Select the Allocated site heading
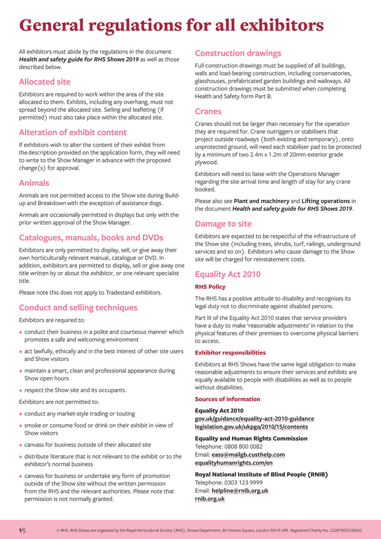point(44,82)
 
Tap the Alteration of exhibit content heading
point(72,132)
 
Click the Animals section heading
point(34,183)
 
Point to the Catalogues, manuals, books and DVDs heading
point(91,238)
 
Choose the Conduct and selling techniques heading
point(78,308)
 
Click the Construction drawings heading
point(238,53)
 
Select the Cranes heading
point(208,112)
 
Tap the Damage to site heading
point(223,224)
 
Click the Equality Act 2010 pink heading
point(227,274)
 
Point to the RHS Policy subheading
point(210,287)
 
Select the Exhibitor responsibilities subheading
point(230,353)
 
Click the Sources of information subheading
point(227,399)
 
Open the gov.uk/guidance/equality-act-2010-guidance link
point(254,419)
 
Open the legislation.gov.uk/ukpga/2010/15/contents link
point(251,427)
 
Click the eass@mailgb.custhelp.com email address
point(248,455)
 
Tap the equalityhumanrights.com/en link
point(234,463)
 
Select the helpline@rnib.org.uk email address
point(240,491)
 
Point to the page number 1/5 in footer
point(22,529)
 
